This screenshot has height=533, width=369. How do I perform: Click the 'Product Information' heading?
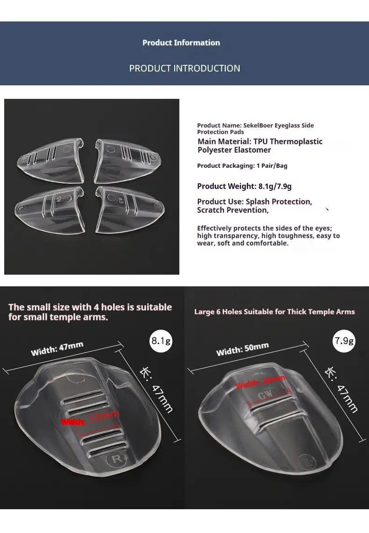click(x=181, y=43)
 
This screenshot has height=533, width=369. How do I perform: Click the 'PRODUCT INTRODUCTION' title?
click(x=184, y=69)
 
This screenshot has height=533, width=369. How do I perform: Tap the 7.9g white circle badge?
click(x=344, y=341)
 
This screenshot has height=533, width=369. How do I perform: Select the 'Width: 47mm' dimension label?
click(x=57, y=348)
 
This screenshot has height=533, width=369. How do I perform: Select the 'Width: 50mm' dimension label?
click(x=242, y=349)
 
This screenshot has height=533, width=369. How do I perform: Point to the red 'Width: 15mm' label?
click(x=90, y=418)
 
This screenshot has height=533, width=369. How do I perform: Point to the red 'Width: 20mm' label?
click(x=260, y=382)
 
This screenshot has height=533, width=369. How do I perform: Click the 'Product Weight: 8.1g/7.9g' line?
click(x=244, y=187)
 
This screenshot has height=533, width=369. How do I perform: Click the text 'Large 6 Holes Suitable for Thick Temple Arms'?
click(x=274, y=312)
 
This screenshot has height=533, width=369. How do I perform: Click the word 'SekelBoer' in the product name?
click(x=258, y=125)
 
